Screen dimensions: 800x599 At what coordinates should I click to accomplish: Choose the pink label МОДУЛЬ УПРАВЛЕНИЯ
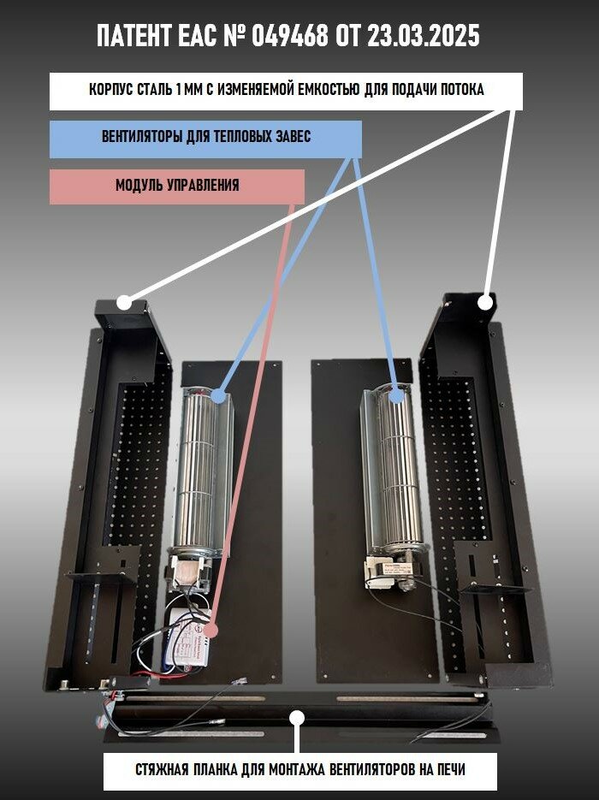pyautogui.click(x=177, y=186)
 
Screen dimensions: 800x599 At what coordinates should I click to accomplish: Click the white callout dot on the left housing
pyautogui.click(x=124, y=302)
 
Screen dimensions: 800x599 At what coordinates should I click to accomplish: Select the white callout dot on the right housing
pyautogui.click(x=485, y=301)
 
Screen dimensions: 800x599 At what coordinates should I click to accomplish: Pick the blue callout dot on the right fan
pyautogui.click(x=395, y=394)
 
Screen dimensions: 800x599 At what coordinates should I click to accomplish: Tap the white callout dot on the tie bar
pyautogui.click(x=298, y=717)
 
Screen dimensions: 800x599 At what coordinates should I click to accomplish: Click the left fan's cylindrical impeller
pyautogui.click(x=199, y=479)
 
